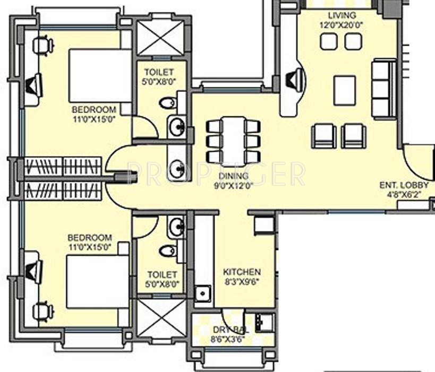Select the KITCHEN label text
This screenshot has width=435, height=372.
click(242, 272)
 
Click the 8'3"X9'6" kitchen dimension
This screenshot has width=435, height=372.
click(242, 282)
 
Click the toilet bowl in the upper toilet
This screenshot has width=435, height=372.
click(168, 103)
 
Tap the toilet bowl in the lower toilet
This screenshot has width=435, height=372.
click(168, 251)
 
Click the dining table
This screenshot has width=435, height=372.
click(233, 142)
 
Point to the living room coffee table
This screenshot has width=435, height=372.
click(345, 91)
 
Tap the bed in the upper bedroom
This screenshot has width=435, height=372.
click(100, 76)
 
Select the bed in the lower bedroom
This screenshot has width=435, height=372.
click(98, 282)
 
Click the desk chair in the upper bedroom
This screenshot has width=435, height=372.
click(42, 45)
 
